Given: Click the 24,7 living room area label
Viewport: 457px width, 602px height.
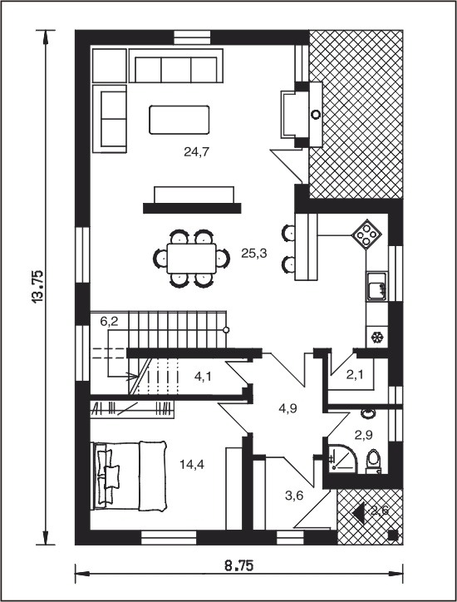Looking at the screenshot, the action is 196,152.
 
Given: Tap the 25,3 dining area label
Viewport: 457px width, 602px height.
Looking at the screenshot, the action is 253,254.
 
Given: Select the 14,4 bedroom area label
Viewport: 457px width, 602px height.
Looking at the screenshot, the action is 192,465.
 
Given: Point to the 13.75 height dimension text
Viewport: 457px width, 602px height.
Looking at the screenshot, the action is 38,288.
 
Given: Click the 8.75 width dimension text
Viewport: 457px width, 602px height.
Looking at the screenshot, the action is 238,566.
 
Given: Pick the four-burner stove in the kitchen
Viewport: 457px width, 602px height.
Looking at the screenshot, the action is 366,234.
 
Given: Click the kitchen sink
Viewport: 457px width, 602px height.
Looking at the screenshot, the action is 377,286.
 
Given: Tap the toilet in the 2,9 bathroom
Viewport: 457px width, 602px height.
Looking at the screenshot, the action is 373,461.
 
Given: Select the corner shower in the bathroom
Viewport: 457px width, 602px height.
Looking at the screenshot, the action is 342,459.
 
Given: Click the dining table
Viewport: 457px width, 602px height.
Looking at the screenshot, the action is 191,259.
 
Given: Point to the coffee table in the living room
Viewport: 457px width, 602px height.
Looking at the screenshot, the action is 179,120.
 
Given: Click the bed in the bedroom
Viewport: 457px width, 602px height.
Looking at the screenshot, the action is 130,476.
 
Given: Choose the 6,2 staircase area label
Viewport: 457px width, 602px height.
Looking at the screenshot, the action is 110,322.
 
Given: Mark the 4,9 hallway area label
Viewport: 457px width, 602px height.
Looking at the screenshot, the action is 287,409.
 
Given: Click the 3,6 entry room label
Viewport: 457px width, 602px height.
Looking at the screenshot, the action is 294,496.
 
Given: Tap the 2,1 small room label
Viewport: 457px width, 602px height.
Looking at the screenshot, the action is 355,375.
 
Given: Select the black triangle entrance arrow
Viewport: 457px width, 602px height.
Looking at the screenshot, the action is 358,512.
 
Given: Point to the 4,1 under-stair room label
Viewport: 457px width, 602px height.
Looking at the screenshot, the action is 203,376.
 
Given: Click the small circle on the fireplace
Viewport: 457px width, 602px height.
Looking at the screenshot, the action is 316,115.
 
